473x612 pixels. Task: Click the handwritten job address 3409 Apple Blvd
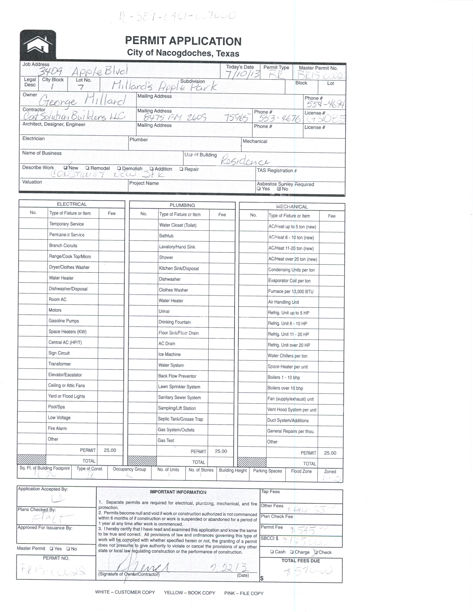(83, 71)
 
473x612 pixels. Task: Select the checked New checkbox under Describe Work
(65, 168)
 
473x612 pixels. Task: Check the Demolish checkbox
(119, 168)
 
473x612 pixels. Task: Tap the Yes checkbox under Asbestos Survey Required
(259, 189)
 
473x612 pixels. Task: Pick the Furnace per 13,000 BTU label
(291, 291)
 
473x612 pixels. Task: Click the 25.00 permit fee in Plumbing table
(221, 451)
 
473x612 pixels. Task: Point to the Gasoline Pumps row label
(64, 321)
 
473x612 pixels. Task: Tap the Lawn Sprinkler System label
(179, 387)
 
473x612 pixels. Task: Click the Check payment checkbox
(316, 552)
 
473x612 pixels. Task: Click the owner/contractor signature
(143, 567)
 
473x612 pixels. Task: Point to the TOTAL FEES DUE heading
(301, 561)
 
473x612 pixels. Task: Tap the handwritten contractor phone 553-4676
(279, 119)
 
